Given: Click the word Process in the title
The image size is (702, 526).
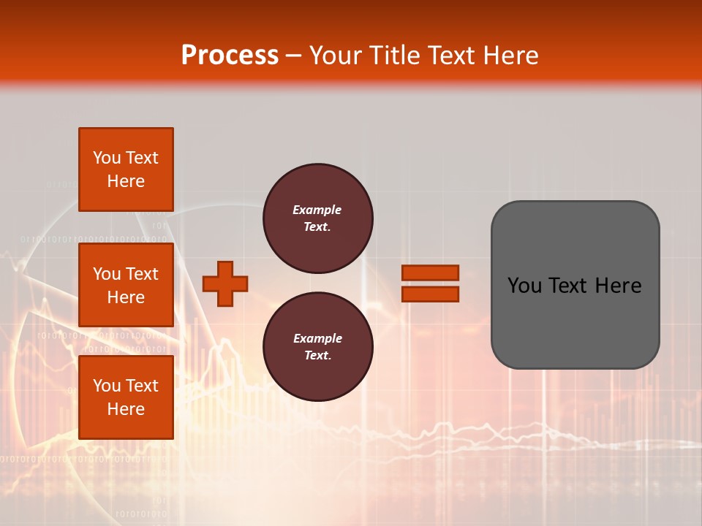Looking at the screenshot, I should click(x=230, y=56).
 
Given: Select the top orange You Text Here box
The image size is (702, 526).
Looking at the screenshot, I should click(x=126, y=169).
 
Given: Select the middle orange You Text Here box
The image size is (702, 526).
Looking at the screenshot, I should click(x=126, y=285).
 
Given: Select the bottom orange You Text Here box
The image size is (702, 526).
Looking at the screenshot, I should click(x=126, y=397).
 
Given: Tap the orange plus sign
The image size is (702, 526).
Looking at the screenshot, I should click(x=224, y=283).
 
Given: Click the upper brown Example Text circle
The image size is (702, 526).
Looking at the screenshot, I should click(x=317, y=218).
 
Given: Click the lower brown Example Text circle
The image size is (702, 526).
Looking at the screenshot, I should click(x=317, y=347).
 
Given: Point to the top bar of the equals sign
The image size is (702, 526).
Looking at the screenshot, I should click(x=430, y=272).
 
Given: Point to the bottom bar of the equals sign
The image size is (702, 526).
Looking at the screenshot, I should click(x=430, y=294).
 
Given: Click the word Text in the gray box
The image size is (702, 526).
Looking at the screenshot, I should click(x=566, y=286).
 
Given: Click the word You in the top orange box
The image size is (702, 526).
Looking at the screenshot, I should click(x=106, y=158).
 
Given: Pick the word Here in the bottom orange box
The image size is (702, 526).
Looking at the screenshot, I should click(x=126, y=409).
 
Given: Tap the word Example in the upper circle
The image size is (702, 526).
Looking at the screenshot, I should click(x=317, y=210).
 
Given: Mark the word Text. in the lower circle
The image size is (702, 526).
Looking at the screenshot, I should click(x=317, y=356).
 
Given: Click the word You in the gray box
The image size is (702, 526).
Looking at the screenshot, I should click(x=524, y=286).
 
